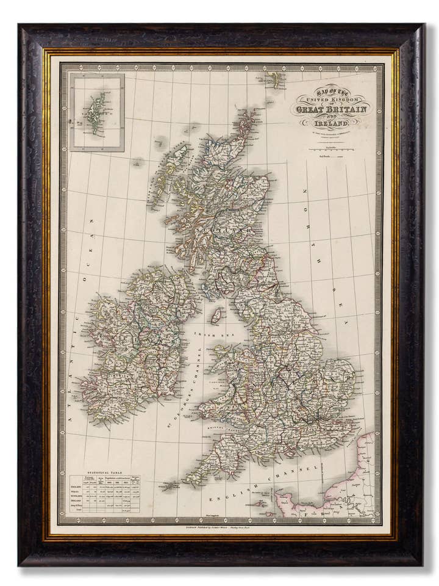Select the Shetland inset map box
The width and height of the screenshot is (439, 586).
pos(97,112)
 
